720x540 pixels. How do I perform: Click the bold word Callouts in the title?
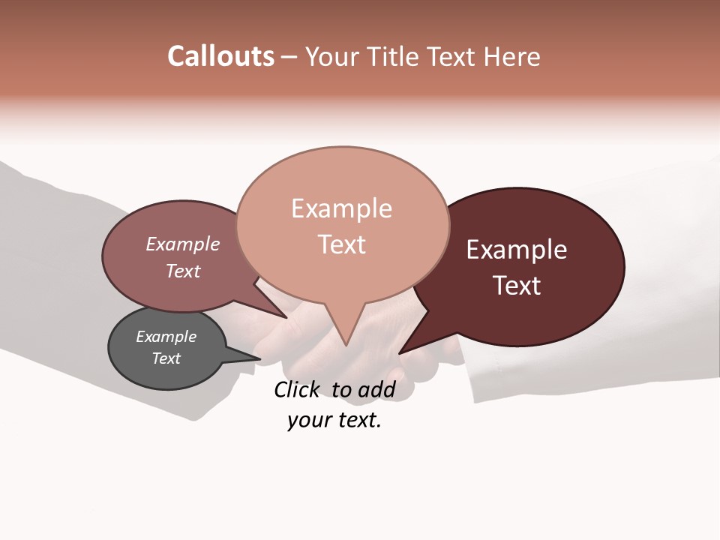point(220,56)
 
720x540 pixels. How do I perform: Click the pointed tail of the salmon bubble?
point(345,334)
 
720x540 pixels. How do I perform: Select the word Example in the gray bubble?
point(166,337)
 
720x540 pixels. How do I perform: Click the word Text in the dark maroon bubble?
point(517,286)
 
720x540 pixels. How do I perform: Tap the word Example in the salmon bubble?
point(342,208)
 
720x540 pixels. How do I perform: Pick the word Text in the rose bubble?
point(183,271)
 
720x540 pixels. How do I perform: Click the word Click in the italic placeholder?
point(297,389)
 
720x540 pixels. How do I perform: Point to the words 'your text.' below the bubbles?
point(334,420)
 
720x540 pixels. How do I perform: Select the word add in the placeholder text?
point(375,389)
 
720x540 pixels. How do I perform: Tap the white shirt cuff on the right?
point(495,375)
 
